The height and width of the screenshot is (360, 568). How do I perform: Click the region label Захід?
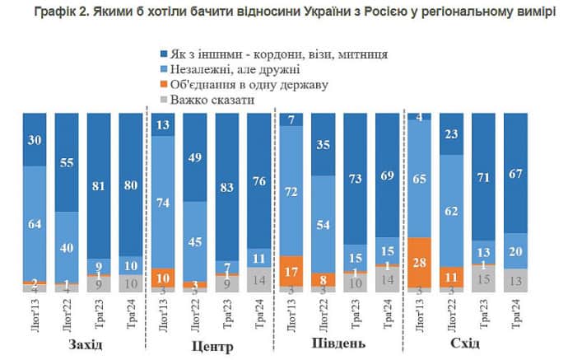[86, 343]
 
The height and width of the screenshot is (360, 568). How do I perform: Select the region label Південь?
[342, 343]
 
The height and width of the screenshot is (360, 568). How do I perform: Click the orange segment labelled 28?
[420, 261]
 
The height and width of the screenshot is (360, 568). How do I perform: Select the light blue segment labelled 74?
[163, 203]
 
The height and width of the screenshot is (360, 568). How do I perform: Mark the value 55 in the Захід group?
[68, 161]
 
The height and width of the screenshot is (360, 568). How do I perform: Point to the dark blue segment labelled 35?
[323, 144]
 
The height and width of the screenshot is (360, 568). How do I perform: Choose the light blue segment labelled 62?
[452, 212]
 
